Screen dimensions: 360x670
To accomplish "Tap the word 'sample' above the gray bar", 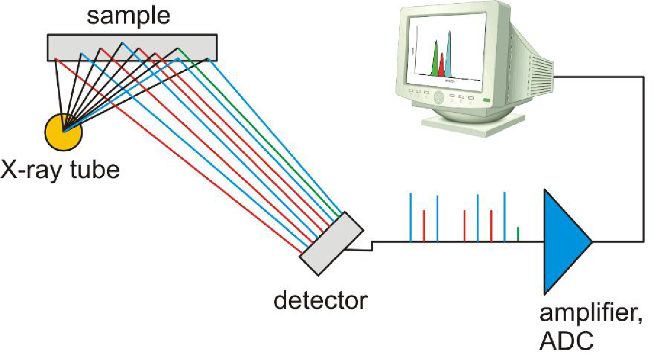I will (129, 16).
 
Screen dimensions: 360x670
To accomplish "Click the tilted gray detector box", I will (332, 243).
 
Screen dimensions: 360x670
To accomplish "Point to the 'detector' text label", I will (320, 300).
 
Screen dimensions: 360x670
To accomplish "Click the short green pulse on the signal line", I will (518, 234).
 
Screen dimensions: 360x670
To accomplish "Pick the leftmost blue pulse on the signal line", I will (411, 217).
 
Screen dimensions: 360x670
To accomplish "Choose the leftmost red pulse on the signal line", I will (424, 226).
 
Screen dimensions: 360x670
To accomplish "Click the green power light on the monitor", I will (486, 100).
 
